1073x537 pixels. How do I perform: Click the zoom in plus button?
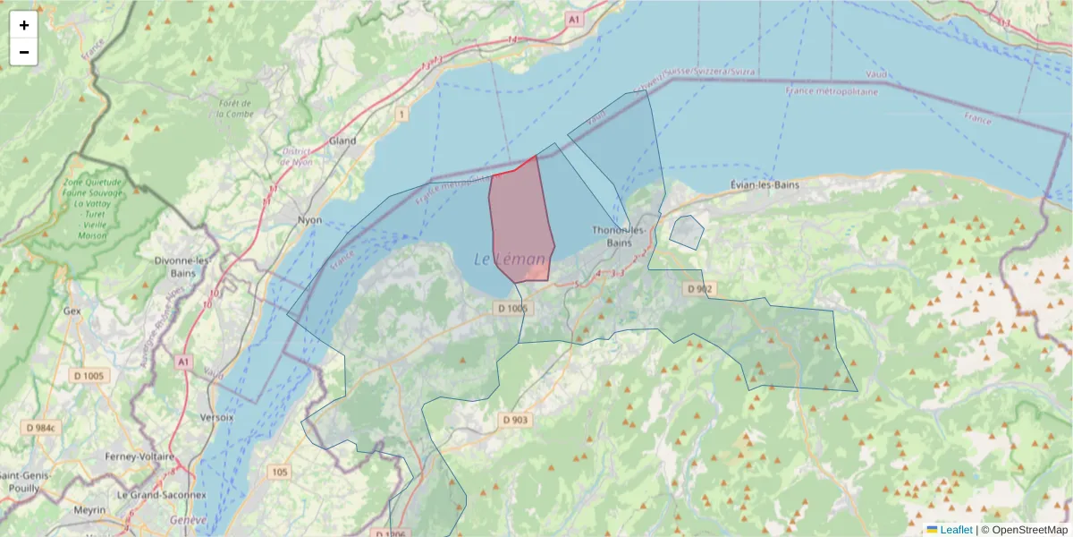coord(24,25)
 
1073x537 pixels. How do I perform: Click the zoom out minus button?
coord(24,52)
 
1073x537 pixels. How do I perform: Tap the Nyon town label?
coord(309,219)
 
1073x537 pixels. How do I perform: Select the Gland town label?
coord(342,141)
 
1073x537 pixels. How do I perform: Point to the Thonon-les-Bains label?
coord(619,236)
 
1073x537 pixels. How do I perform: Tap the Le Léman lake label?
coord(509,260)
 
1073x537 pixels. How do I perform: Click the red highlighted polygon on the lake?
coord(520,224)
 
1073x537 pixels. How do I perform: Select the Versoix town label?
coord(218,417)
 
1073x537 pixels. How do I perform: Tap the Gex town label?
coord(72,311)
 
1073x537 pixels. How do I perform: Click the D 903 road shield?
coord(515,420)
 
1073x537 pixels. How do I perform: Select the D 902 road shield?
coord(698,288)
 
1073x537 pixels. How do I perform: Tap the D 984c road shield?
coord(41,428)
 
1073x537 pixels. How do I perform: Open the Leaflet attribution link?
coord(955,530)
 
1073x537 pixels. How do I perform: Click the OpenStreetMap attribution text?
coord(1027,530)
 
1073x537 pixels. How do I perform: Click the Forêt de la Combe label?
coord(235,108)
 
